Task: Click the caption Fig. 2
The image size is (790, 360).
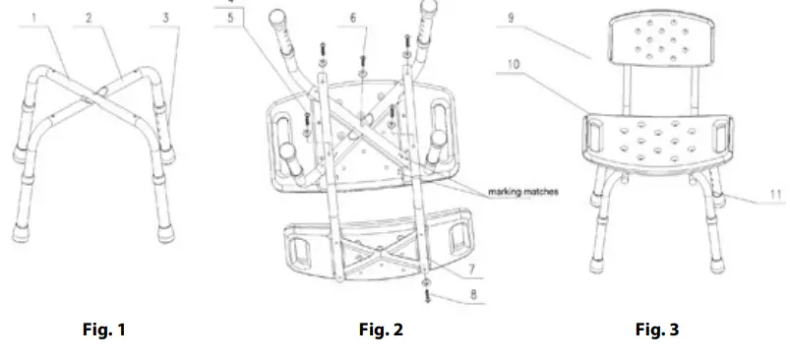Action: [381, 330]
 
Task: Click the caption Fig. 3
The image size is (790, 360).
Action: [656, 330]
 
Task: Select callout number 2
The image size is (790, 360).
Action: [89, 18]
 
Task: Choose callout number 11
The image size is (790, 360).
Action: [775, 196]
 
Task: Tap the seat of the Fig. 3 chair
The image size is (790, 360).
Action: [658, 138]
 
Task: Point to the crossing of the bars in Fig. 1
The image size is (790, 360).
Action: [98, 95]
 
